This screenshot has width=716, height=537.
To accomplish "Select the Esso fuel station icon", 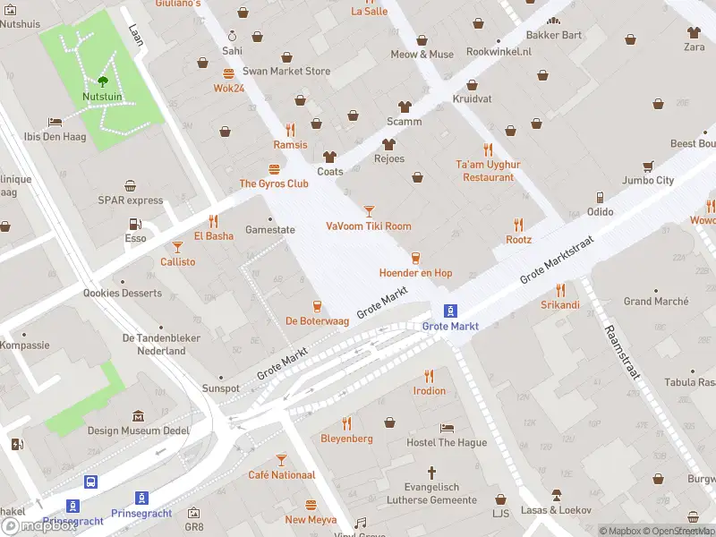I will pos(135,224).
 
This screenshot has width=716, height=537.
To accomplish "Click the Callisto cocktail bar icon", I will pos(177,246).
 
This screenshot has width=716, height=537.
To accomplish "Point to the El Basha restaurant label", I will pos(213,236).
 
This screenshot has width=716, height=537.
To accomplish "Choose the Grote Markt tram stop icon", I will pos(451,311).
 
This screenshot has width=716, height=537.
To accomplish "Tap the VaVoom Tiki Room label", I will pos(369,226).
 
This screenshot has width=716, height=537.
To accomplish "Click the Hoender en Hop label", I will pos(415,273).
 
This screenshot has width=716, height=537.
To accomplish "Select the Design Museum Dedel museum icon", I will pos(138,416).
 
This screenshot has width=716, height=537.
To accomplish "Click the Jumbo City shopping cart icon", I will pos(647,166).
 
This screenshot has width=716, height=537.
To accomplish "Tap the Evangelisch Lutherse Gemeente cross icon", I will pos(431,472).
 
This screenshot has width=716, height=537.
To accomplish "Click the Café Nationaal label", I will pos(281,475).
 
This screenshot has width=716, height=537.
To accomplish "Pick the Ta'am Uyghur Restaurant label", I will pos(488,171).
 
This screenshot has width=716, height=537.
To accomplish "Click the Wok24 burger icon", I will pos(229,73).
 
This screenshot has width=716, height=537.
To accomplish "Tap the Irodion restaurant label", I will pos(429,391).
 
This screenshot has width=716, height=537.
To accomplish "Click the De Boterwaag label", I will pos(316,320).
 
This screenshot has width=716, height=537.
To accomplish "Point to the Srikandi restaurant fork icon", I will pos(560,290).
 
